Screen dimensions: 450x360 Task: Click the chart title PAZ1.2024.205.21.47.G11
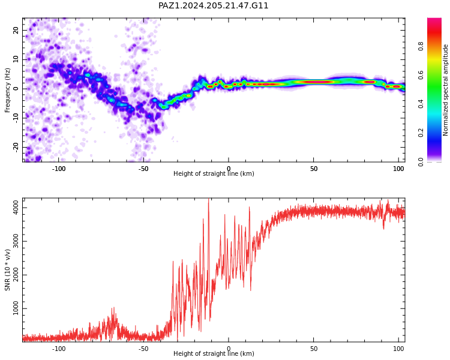[213, 5]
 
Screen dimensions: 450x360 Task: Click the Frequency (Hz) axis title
[7, 90]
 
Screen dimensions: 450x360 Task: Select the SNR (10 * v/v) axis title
[7, 270]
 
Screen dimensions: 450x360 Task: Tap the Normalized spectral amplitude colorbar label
[445, 90]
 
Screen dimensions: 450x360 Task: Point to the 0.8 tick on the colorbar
[421, 46]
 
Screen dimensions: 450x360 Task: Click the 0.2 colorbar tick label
[421, 133]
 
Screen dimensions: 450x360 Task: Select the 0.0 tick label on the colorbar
[421, 161]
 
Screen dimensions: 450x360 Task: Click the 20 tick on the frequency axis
[16, 30]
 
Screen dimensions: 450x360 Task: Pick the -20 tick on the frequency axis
[16, 147]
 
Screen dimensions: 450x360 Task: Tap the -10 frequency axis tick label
[16, 118]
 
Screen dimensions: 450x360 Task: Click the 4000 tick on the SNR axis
[16, 208]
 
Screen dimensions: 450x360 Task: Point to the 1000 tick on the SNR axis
[16, 308]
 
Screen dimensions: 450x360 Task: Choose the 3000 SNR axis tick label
[16, 241]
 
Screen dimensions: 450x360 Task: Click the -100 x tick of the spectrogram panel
[59, 169]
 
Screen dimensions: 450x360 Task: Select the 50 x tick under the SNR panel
[314, 349]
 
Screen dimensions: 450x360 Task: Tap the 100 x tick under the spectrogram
[398, 169]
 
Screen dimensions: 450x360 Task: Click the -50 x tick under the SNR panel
[143, 349]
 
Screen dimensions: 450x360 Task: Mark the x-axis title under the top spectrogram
[214, 173]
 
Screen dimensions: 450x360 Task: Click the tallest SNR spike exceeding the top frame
[209, 199]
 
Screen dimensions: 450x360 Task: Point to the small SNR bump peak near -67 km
[113, 308]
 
